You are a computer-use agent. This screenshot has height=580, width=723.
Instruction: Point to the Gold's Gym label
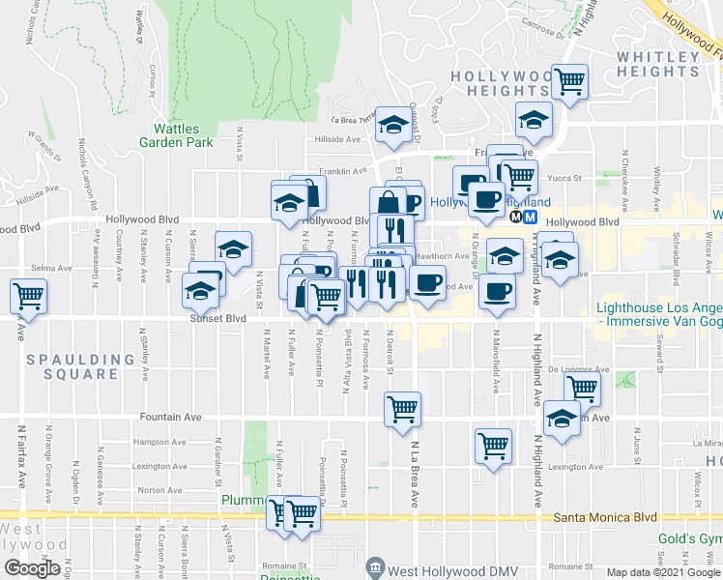pos(690,537)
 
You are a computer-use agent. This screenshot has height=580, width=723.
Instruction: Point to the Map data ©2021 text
pos(662,572)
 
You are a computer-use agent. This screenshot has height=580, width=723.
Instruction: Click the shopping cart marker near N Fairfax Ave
pos(28,295)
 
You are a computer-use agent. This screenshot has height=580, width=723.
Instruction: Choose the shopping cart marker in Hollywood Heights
pos(569,80)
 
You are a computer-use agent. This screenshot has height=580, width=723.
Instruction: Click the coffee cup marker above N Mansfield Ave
pos(498,291)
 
